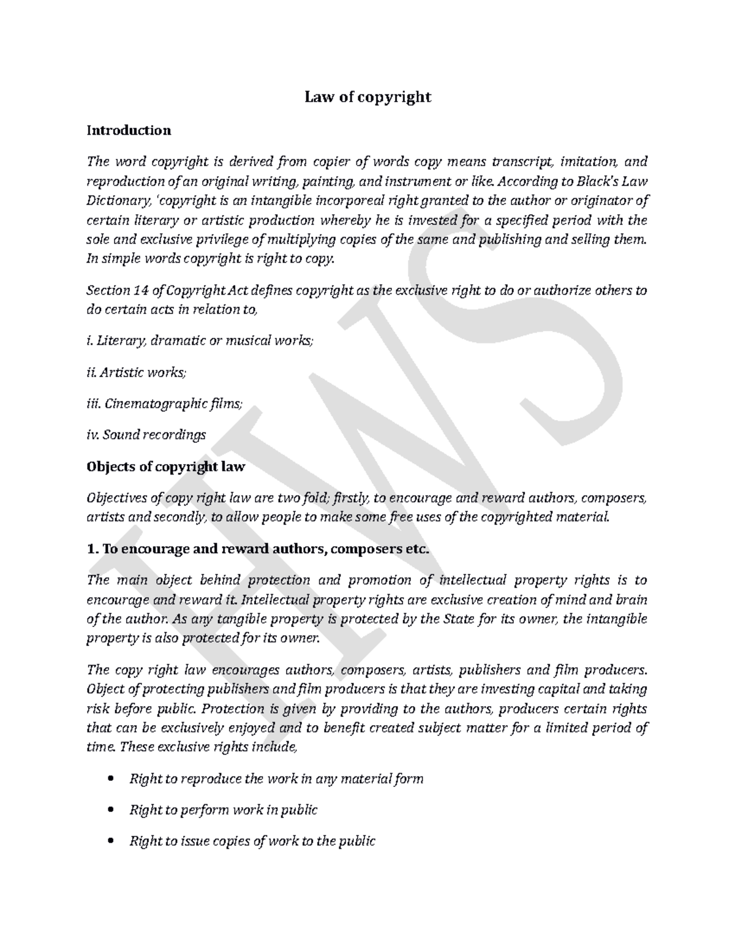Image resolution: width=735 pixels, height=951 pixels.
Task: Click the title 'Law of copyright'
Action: point(368,97)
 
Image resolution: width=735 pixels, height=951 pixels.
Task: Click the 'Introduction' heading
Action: point(129,130)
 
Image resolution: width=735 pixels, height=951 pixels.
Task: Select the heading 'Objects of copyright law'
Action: point(166,467)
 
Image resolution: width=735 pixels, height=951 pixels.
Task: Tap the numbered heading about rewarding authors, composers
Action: point(258,549)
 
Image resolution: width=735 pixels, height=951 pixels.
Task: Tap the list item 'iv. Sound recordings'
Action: point(146,435)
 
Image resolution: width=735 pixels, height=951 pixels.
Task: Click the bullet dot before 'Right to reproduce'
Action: point(110,780)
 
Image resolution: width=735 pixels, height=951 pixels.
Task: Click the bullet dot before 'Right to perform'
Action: point(110,811)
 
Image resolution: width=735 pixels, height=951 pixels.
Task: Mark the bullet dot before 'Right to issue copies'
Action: point(110,842)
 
